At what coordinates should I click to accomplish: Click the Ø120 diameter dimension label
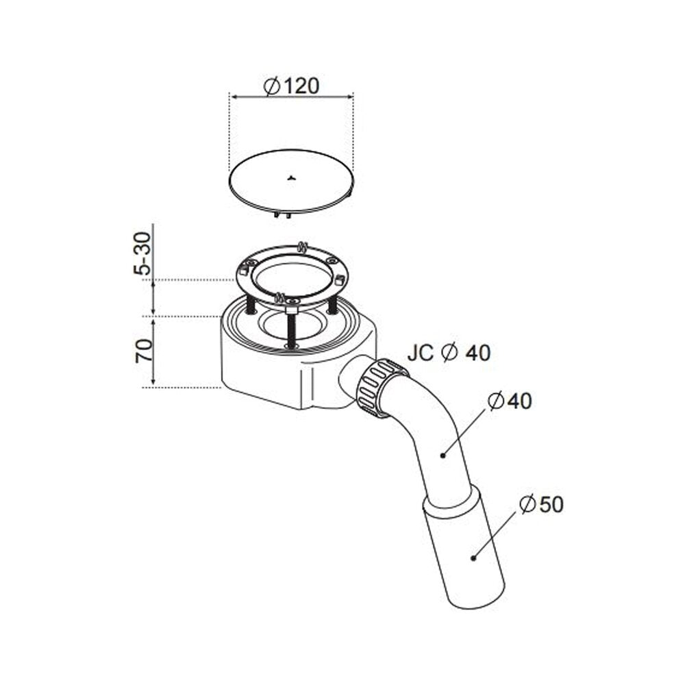(291, 86)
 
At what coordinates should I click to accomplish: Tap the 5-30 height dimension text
(143, 253)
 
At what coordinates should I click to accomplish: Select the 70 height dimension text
(144, 350)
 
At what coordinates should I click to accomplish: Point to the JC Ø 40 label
(449, 353)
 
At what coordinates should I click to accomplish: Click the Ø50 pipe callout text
(542, 505)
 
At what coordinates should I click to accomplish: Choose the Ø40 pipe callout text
(510, 401)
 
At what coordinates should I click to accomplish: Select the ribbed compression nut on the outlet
(380, 388)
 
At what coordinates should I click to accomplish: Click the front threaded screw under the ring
(291, 330)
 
